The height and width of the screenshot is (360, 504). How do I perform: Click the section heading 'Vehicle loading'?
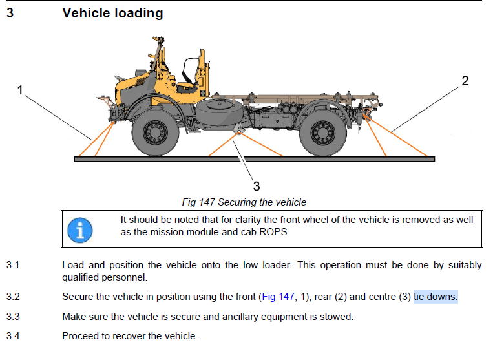click(x=112, y=13)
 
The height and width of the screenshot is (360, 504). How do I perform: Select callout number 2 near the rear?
click(x=465, y=81)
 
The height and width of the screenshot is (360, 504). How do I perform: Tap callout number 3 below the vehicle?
click(x=256, y=186)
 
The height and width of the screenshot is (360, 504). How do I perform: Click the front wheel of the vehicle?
click(x=155, y=132)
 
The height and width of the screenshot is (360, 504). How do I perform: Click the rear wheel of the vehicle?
click(x=323, y=132)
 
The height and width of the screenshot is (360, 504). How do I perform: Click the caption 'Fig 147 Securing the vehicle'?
click(x=244, y=202)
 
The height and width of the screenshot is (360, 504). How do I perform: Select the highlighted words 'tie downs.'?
click(x=436, y=297)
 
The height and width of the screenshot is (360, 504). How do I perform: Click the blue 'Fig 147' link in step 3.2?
click(x=277, y=297)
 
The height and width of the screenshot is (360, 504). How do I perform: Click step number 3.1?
click(x=13, y=266)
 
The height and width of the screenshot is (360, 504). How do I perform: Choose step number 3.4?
click(x=13, y=336)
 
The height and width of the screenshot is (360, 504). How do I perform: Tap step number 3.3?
click(x=13, y=317)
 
